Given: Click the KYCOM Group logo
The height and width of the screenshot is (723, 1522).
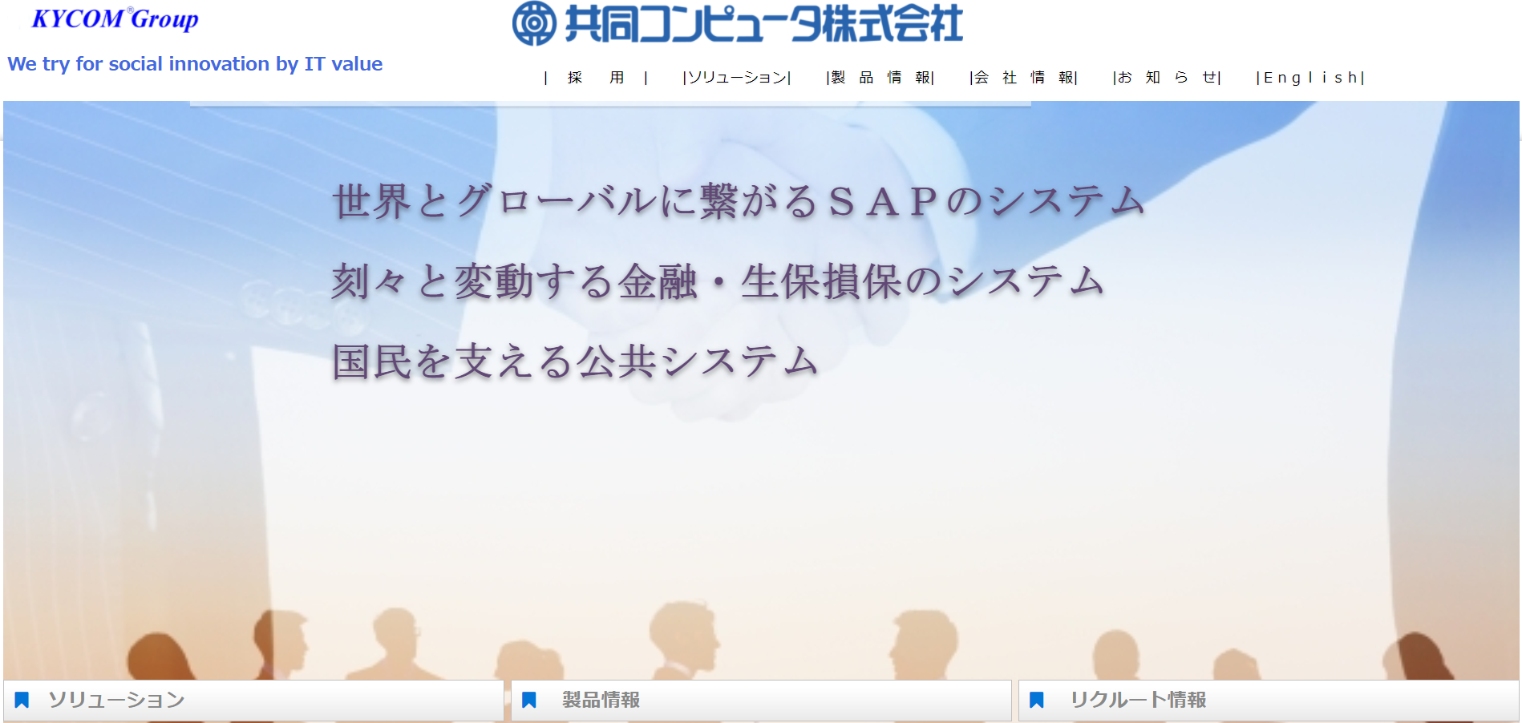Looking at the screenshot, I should [x=115, y=19].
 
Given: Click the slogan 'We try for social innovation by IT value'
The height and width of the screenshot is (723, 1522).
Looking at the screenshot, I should [x=195, y=64].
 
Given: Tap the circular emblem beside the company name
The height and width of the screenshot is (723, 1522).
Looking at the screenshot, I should [x=534, y=23].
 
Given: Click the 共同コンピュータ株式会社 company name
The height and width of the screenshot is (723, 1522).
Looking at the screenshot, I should [x=763, y=23].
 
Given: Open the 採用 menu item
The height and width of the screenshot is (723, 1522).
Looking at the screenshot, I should [x=596, y=78].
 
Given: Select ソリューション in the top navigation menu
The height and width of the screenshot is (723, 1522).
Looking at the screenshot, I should [x=737, y=78].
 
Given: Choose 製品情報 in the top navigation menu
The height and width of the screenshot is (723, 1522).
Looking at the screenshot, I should [x=880, y=78].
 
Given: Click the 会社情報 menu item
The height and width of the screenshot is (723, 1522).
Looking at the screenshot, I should [x=1024, y=78].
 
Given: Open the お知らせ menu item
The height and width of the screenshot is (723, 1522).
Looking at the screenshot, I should [x=1167, y=78].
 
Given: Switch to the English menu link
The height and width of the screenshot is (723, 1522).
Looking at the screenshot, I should [x=1310, y=78].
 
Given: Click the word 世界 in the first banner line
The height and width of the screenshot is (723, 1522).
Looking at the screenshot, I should [x=372, y=201].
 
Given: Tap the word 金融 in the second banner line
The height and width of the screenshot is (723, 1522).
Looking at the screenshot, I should [x=658, y=282].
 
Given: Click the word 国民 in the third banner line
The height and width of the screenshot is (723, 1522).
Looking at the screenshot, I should [x=372, y=362].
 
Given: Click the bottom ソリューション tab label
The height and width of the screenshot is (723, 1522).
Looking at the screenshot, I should [x=116, y=701].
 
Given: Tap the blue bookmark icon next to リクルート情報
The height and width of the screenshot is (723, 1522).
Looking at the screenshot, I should [x=1036, y=701].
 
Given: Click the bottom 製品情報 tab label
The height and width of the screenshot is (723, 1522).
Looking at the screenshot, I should [x=601, y=701].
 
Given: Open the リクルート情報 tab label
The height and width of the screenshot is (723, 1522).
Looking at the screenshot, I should [x=1138, y=701].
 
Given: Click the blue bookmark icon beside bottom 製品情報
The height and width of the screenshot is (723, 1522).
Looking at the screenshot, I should [x=528, y=701].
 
